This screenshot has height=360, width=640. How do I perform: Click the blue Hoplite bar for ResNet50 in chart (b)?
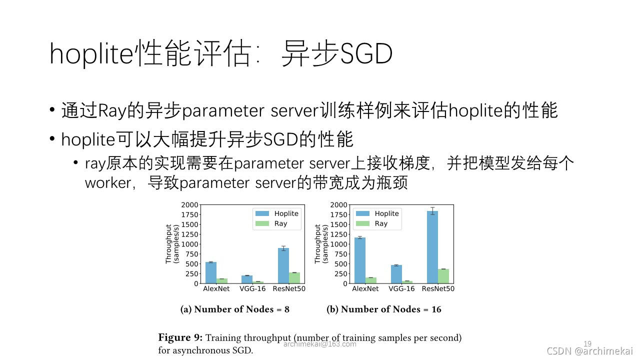(x=432, y=247)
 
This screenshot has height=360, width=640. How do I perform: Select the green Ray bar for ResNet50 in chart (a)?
(x=294, y=278)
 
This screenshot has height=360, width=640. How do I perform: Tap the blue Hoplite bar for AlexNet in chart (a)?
(x=211, y=273)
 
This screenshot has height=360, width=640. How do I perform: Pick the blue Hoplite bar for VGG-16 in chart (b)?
(x=396, y=274)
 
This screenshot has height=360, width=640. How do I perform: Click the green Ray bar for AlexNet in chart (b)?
(x=371, y=280)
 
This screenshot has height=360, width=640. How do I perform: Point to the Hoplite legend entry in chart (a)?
(x=276, y=213)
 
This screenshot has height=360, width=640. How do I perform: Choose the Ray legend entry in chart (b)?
(x=371, y=223)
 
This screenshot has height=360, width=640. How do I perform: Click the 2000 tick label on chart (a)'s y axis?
(x=189, y=205)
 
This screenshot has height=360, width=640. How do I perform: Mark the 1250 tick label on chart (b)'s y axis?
(x=338, y=234)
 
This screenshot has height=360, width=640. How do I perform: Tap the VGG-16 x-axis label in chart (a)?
(x=252, y=288)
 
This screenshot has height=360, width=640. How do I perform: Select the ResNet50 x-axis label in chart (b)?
(x=438, y=288)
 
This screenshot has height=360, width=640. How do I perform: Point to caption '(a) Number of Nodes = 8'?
(x=235, y=309)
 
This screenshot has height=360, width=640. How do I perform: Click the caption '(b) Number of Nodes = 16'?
(x=383, y=309)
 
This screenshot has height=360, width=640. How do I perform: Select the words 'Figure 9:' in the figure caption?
(x=180, y=337)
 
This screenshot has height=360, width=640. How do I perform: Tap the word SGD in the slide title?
(x=366, y=53)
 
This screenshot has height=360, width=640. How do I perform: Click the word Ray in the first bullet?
(x=112, y=111)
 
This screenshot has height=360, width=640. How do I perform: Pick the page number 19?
(x=587, y=343)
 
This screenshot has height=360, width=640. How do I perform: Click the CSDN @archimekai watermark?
(x=589, y=351)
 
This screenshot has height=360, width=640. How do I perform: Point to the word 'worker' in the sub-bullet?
(x=108, y=183)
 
